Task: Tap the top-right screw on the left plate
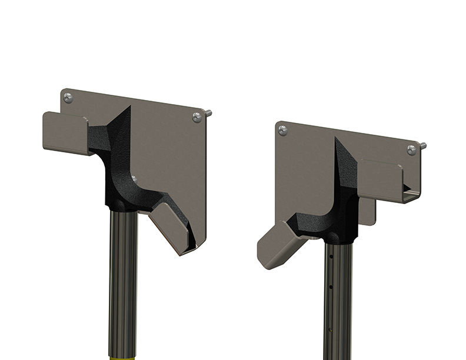coord(197,118)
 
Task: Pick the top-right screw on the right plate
coord(411,150)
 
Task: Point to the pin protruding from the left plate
coord(209,113)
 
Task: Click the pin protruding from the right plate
coord(422,145)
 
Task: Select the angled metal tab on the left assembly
coord(172,231)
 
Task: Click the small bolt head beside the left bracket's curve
coord(135,176)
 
